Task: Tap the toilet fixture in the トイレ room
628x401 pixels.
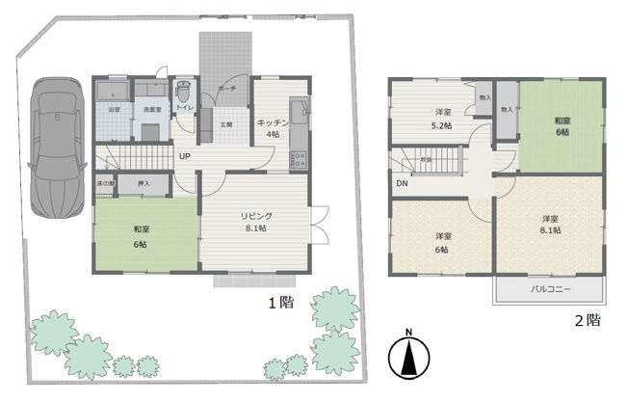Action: pyautogui.click(x=181, y=96)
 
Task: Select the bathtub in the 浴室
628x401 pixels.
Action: pyautogui.click(x=113, y=94)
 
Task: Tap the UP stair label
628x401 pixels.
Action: pyautogui.click(x=183, y=155)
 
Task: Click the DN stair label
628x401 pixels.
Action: pyautogui.click(x=401, y=182)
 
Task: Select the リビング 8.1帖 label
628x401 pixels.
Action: pyautogui.click(x=257, y=223)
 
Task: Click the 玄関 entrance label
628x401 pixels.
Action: pyautogui.click(x=226, y=124)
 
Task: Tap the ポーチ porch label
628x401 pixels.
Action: pyautogui.click(x=226, y=88)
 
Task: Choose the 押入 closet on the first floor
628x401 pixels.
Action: pyautogui.click(x=144, y=182)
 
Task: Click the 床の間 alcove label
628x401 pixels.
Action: pyautogui.click(x=106, y=182)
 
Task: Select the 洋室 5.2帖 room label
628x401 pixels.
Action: pyautogui.click(x=441, y=119)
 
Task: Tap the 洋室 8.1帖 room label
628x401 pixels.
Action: pyautogui.click(x=550, y=225)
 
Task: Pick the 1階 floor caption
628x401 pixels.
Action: pyautogui.click(x=279, y=303)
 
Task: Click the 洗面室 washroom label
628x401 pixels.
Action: pyautogui.click(x=152, y=110)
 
